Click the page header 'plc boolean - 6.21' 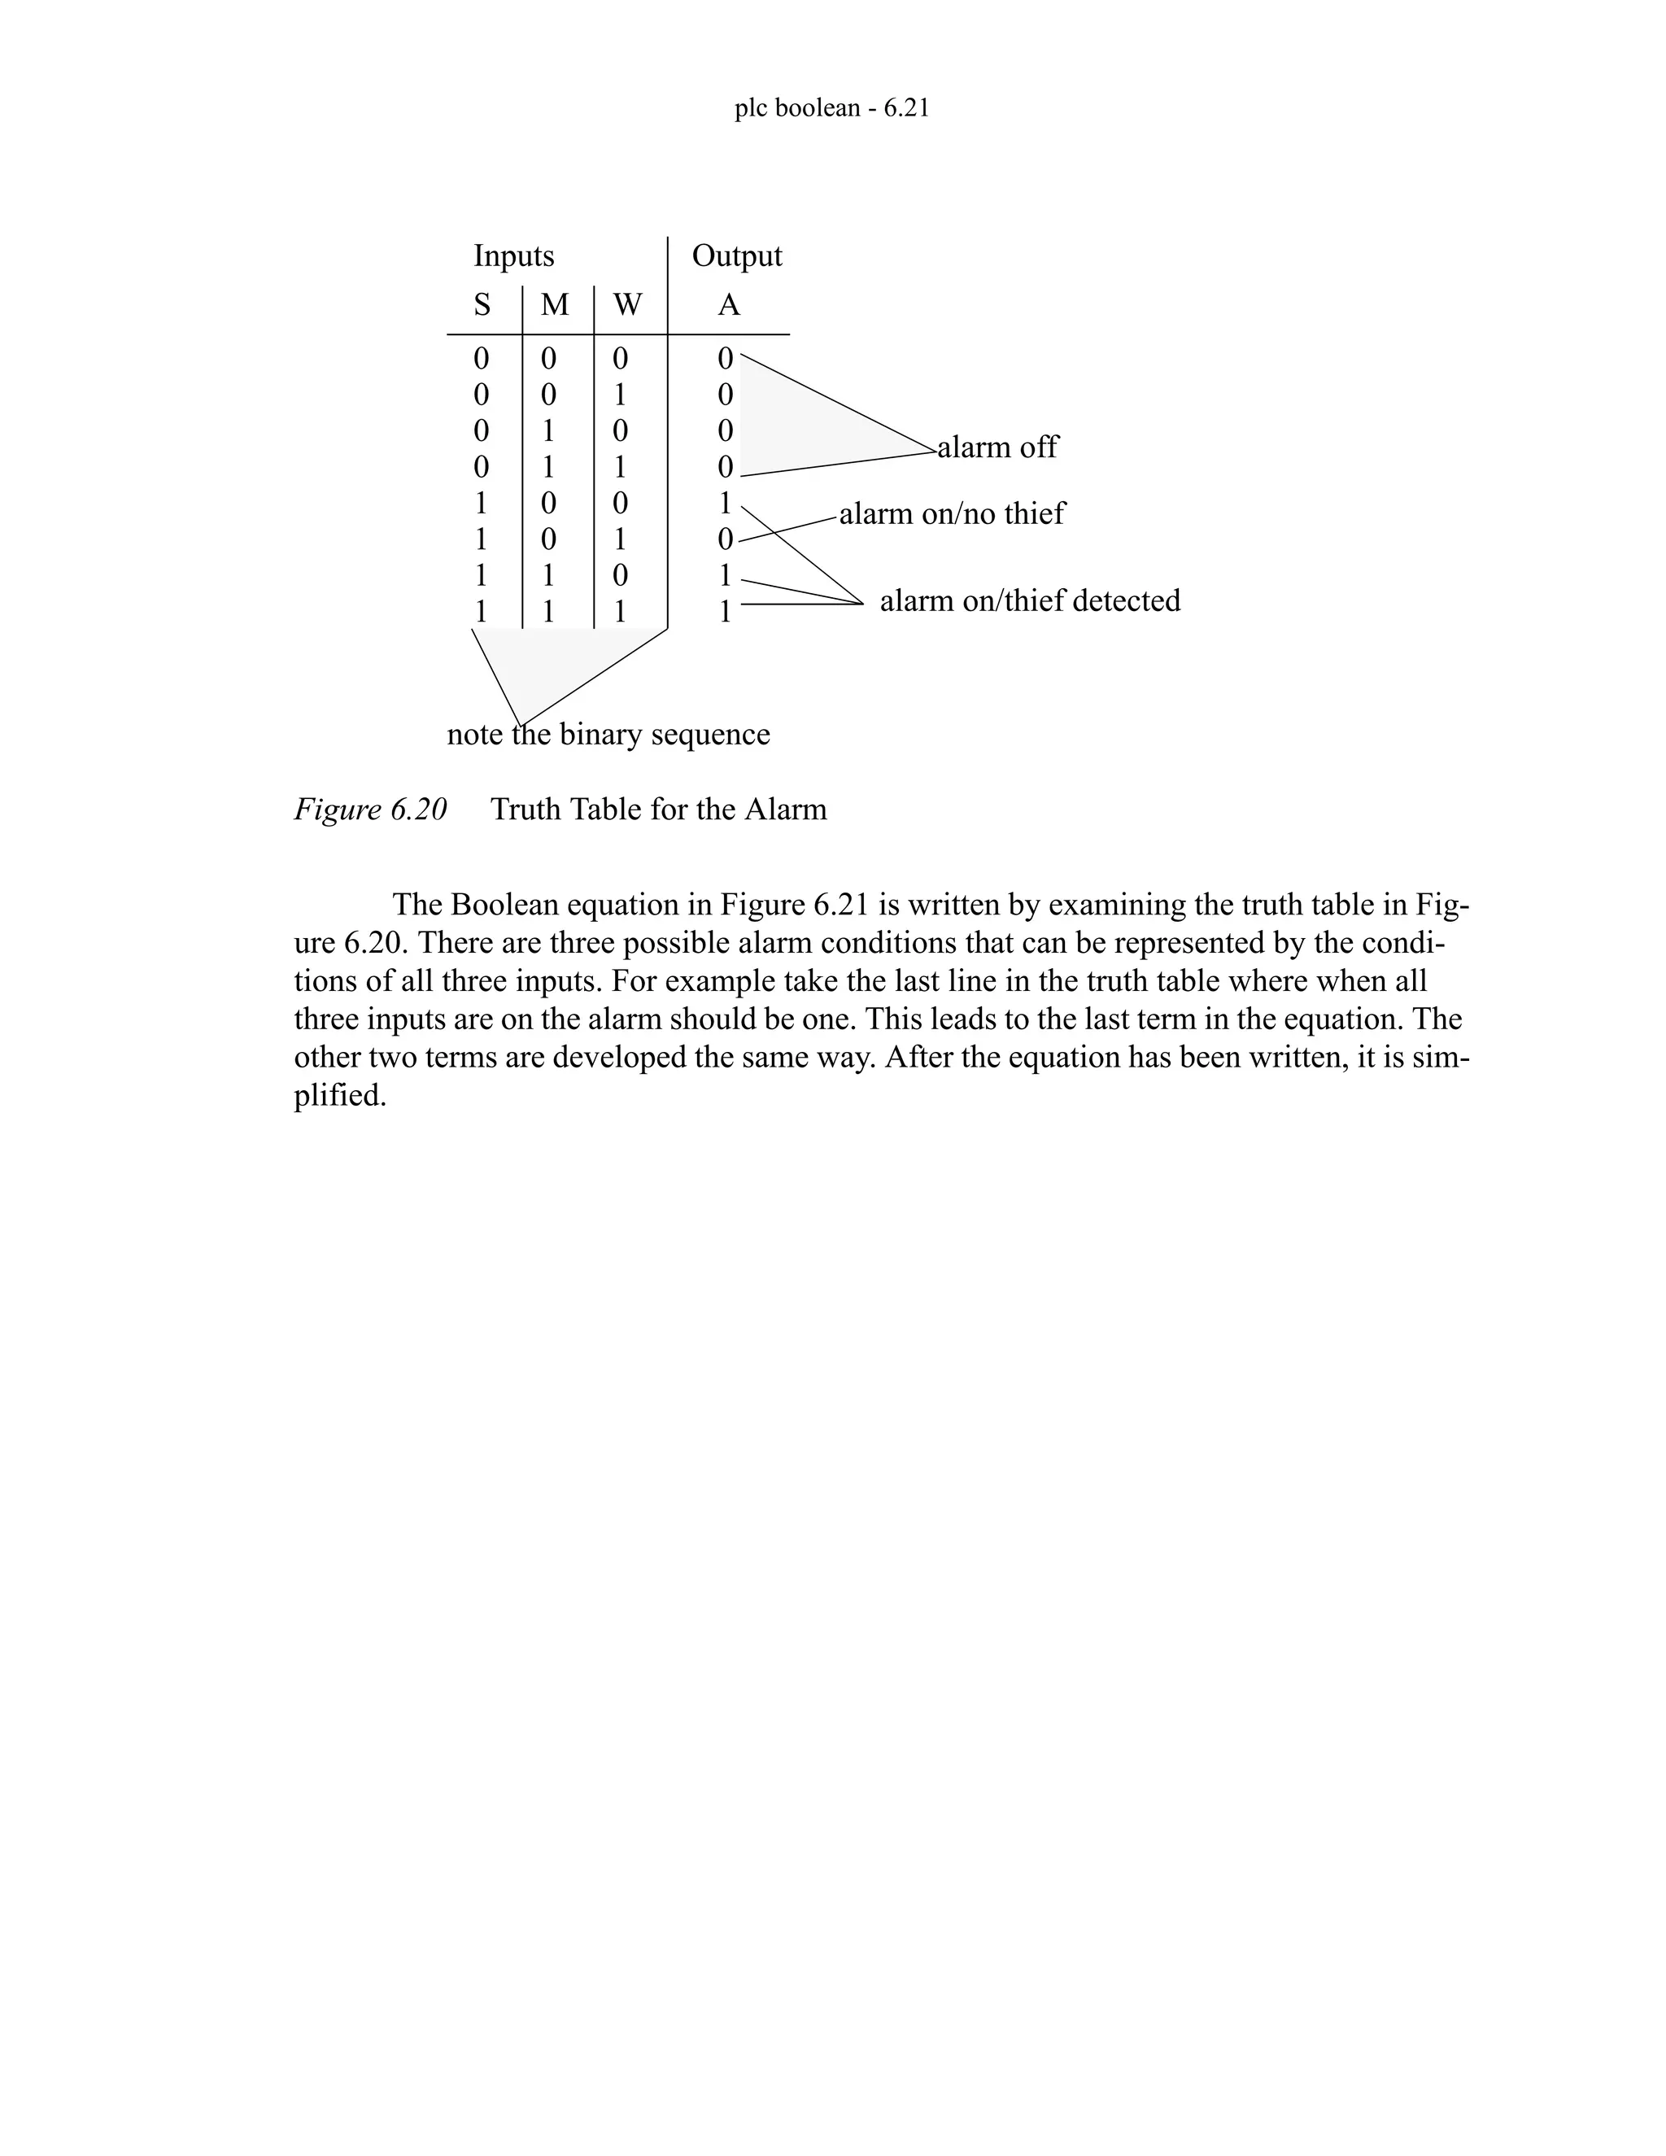(831, 107)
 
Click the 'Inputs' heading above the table (513, 255)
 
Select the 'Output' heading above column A (736, 255)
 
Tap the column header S (482, 305)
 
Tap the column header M (555, 305)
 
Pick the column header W (626, 305)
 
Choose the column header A (728, 305)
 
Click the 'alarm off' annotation (997, 447)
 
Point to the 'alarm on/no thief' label (952, 513)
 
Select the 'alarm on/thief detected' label (1029, 600)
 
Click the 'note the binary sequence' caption (608, 735)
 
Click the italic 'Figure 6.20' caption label (370, 810)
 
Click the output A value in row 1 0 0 (726, 504)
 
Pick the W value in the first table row (620, 358)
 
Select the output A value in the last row (726, 612)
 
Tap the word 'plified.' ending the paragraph (339, 1096)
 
